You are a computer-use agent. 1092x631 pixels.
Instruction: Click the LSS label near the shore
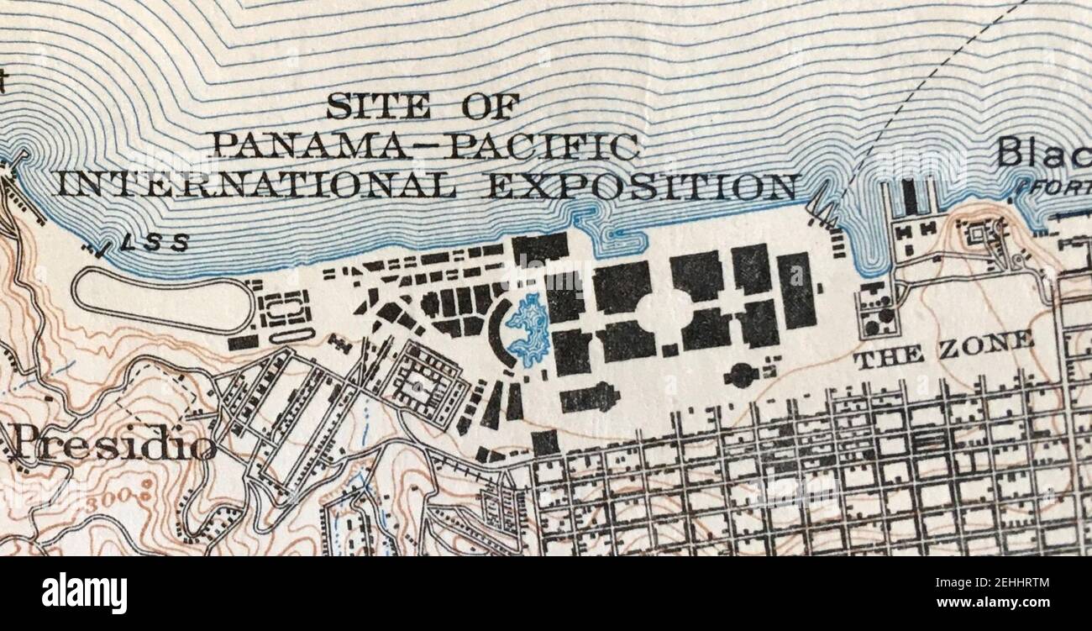[154, 244]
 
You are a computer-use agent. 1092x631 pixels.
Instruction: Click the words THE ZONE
[942, 350]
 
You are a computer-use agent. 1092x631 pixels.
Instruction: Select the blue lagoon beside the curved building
[528, 330]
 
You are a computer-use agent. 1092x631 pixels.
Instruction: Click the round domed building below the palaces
[740, 376]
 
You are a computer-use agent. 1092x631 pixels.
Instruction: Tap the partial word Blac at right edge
[1042, 154]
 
